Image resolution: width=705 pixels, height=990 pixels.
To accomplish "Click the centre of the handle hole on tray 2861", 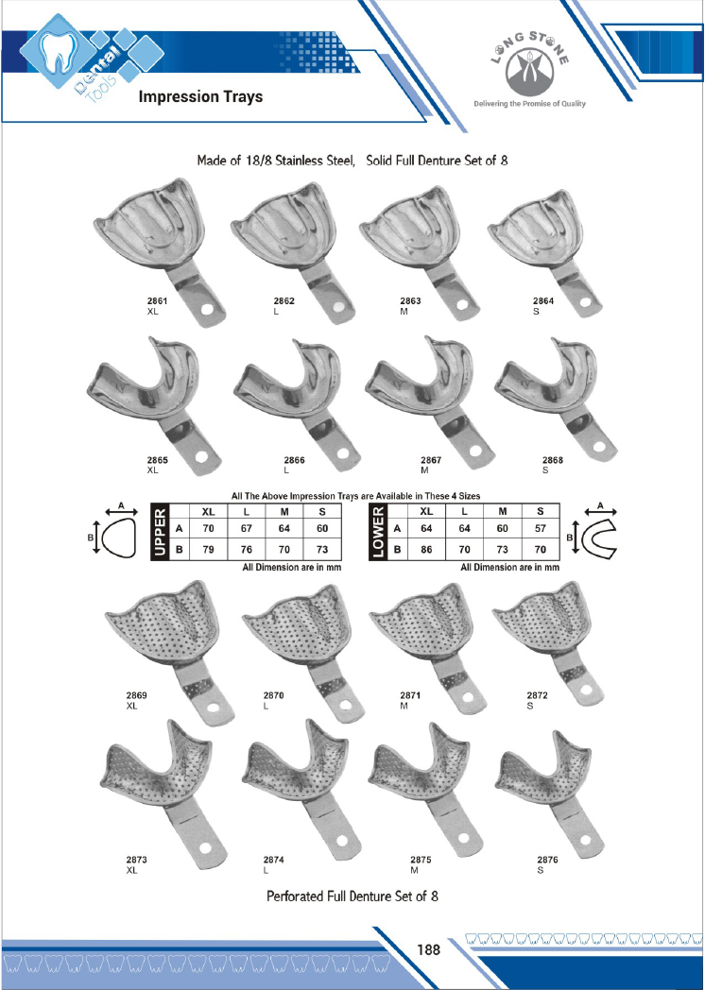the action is (x=207, y=310).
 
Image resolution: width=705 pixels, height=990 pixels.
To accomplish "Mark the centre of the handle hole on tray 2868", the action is (x=598, y=447).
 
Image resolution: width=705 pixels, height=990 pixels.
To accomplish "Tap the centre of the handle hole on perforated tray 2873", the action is (x=205, y=847).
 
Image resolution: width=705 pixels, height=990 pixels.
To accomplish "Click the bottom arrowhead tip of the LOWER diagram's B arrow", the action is (x=576, y=554).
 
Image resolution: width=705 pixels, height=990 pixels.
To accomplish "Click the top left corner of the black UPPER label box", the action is (x=151, y=504).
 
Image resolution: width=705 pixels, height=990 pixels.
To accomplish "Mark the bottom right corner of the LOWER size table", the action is (x=559, y=561).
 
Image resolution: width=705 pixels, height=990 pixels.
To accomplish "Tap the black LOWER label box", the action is (x=378, y=532).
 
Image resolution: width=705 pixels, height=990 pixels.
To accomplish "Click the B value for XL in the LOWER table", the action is (x=426, y=549).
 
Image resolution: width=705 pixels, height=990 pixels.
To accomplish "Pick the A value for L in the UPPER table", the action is (x=247, y=528).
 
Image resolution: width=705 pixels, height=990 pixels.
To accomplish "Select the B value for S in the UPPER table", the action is (x=322, y=549).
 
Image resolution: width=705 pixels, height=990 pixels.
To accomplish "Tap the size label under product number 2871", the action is (x=404, y=706).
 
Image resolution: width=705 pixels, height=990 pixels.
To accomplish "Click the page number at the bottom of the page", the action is (x=428, y=949).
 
